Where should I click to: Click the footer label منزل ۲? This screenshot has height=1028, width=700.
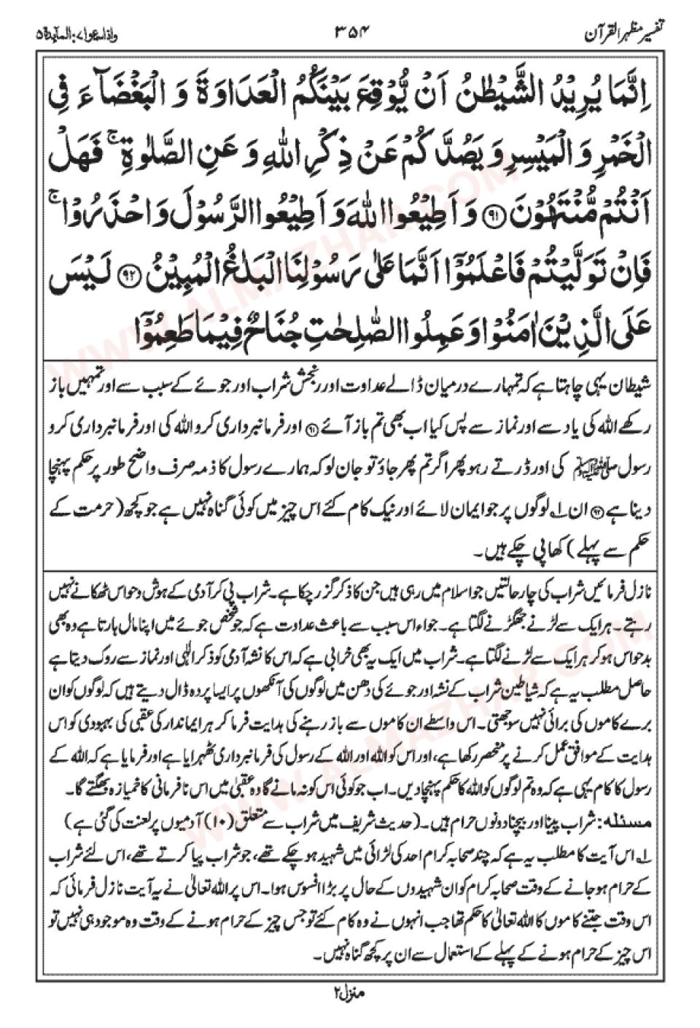click(x=349, y=993)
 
